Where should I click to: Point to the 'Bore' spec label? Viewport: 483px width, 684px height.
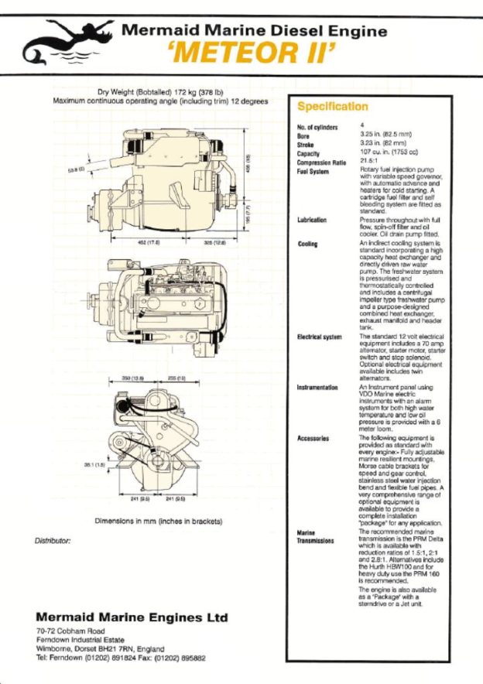tap(303, 136)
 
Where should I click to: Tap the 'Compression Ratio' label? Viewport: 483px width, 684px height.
tap(321, 162)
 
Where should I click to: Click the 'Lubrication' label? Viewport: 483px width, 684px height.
tap(311, 220)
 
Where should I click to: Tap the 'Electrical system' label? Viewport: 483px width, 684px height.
tap(319, 337)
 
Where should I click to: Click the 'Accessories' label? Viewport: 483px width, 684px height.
tap(313, 438)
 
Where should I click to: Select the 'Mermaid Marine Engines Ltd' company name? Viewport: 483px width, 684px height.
tap(132, 617)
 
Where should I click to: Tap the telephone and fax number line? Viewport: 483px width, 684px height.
tap(120, 658)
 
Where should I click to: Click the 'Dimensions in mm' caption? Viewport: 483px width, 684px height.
tap(158, 522)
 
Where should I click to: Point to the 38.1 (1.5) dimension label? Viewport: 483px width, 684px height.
tap(94, 465)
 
